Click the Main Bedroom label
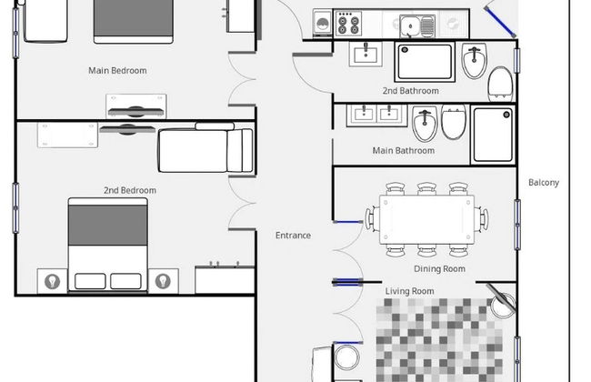point(117,71)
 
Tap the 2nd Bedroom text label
point(130,190)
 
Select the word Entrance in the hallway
point(294,236)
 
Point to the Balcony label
point(544,183)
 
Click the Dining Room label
point(439,269)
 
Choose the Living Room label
point(409,291)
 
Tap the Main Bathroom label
point(404,150)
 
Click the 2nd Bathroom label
point(410,91)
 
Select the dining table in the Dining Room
point(426,219)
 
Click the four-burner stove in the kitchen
point(348,24)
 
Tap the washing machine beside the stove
point(322,24)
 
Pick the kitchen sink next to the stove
point(417,26)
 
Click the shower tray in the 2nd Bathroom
point(425,62)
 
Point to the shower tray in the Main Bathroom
point(493,135)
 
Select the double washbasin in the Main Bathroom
point(377,115)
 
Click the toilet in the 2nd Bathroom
point(500,83)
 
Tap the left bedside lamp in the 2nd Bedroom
point(53,281)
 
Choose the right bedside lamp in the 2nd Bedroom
point(163,281)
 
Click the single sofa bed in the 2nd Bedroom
point(205,148)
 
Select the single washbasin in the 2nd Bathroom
point(366,54)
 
